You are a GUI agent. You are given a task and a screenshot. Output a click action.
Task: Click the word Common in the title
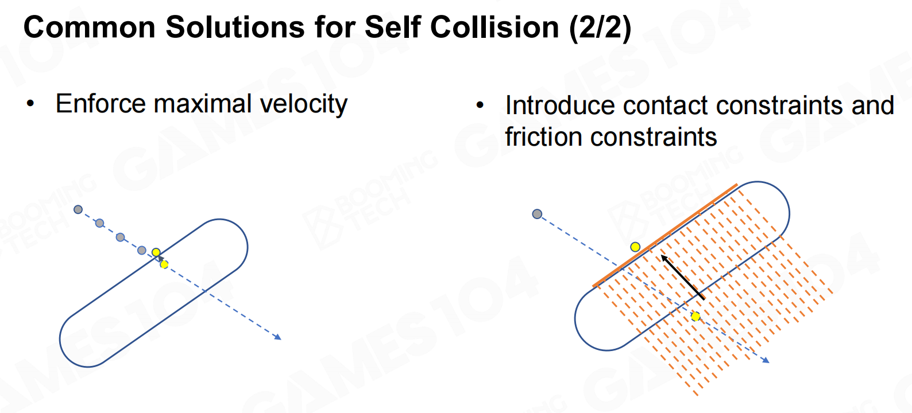click(x=90, y=27)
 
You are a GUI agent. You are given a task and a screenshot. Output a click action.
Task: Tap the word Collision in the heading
click(x=494, y=27)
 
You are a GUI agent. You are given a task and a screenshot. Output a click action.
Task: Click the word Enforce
click(x=101, y=104)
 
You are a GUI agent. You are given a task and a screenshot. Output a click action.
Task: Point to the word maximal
click(x=203, y=104)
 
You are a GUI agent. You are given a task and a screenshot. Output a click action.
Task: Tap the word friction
click(x=543, y=137)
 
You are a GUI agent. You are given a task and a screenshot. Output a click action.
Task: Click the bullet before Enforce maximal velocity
click(x=30, y=104)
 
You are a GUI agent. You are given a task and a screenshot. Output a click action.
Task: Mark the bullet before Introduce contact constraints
click(x=480, y=106)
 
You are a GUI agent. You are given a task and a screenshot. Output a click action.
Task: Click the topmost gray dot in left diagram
click(x=78, y=209)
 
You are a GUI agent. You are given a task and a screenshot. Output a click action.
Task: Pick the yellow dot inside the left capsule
click(x=164, y=264)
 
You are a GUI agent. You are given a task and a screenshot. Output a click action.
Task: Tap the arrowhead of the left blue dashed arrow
click(x=278, y=337)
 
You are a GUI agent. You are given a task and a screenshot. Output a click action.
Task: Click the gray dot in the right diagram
click(x=537, y=214)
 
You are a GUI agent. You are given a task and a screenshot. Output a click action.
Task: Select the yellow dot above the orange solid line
click(x=635, y=247)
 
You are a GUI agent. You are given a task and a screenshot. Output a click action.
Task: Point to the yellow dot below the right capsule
click(x=696, y=317)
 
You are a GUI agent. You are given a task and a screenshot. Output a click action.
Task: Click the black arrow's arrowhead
click(x=664, y=258)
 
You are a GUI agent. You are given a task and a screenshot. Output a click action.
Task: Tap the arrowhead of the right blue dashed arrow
click(x=766, y=360)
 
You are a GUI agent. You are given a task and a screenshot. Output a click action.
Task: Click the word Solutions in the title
click(x=235, y=27)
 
